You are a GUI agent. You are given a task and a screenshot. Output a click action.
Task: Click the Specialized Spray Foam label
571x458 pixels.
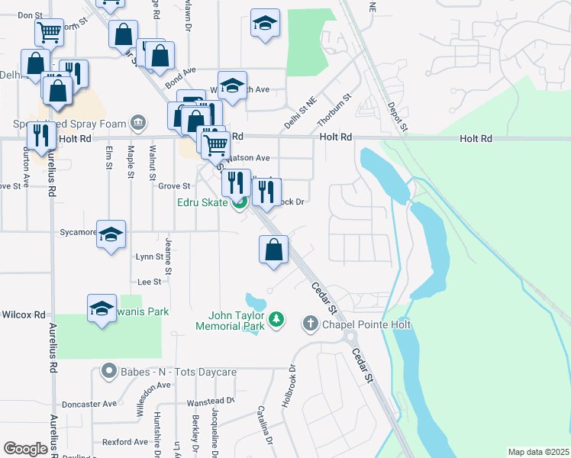point(69,124)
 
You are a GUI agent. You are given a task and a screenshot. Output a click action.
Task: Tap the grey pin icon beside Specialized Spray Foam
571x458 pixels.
point(138,122)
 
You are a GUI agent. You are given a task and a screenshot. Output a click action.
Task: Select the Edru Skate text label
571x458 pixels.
point(203,202)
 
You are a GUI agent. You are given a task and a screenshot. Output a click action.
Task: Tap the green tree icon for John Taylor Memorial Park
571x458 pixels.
point(277,318)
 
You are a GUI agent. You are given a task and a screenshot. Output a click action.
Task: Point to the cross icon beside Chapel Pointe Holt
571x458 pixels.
point(310,324)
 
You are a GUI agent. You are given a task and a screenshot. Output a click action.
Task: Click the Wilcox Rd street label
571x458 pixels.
point(24,314)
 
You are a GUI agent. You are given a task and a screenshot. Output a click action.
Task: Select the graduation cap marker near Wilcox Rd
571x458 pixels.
point(102,308)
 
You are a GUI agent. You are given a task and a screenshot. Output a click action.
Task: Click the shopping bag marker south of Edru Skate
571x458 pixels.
point(273,249)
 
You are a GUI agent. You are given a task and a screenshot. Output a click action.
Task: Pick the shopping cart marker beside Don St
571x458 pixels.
point(49,33)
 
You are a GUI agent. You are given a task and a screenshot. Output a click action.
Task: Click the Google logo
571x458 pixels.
point(25,449)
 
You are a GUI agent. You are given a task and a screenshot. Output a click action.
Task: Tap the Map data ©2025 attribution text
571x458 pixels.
point(538,452)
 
